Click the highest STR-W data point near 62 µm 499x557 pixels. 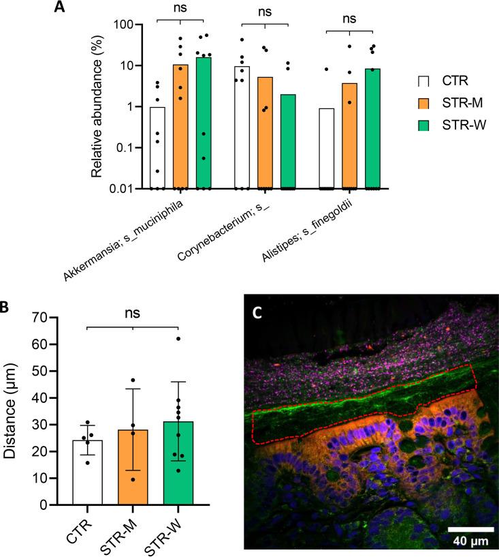coord(177,339)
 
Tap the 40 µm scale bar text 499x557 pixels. coord(470,541)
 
